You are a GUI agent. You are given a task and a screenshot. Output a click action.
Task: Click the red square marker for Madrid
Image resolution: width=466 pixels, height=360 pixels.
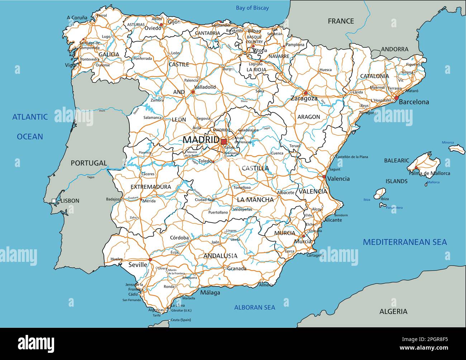click(224, 142)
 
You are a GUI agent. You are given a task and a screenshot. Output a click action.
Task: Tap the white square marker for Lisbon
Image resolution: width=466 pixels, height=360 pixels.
click(54, 201)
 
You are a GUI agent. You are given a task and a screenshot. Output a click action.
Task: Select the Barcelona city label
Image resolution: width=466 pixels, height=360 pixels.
click(414, 102)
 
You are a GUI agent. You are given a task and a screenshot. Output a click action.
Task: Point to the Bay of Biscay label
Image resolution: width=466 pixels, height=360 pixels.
click(252, 8)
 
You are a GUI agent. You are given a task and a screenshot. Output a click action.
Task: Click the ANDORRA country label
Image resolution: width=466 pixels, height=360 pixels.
click(394, 49)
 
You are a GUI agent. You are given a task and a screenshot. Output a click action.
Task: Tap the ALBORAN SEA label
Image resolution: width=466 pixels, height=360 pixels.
click(255, 307)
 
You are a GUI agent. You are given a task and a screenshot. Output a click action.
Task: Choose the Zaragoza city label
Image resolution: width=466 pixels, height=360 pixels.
click(304, 99)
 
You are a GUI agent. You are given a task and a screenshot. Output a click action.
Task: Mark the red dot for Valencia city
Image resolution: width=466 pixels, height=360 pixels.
click(324, 177)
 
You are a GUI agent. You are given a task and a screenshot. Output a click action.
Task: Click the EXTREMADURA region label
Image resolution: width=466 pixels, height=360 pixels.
click(151, 187)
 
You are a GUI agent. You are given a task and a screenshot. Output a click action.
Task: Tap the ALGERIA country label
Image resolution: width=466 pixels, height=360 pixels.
click(393, 312)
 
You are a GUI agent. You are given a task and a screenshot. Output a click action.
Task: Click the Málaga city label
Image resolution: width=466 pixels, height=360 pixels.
click(210, 293)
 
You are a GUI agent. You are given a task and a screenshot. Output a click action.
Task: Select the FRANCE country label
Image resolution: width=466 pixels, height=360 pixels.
click(341, 21)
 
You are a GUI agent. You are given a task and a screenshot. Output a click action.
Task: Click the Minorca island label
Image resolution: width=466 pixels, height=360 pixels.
click(447, 143)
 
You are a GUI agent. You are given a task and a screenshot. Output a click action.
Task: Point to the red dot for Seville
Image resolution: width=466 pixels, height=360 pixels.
click(150, 260)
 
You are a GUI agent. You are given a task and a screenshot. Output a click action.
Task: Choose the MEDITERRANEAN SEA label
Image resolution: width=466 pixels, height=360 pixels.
click(405, 242)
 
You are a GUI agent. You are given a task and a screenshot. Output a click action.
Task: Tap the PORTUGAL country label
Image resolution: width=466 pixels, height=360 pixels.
click(89, 163)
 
